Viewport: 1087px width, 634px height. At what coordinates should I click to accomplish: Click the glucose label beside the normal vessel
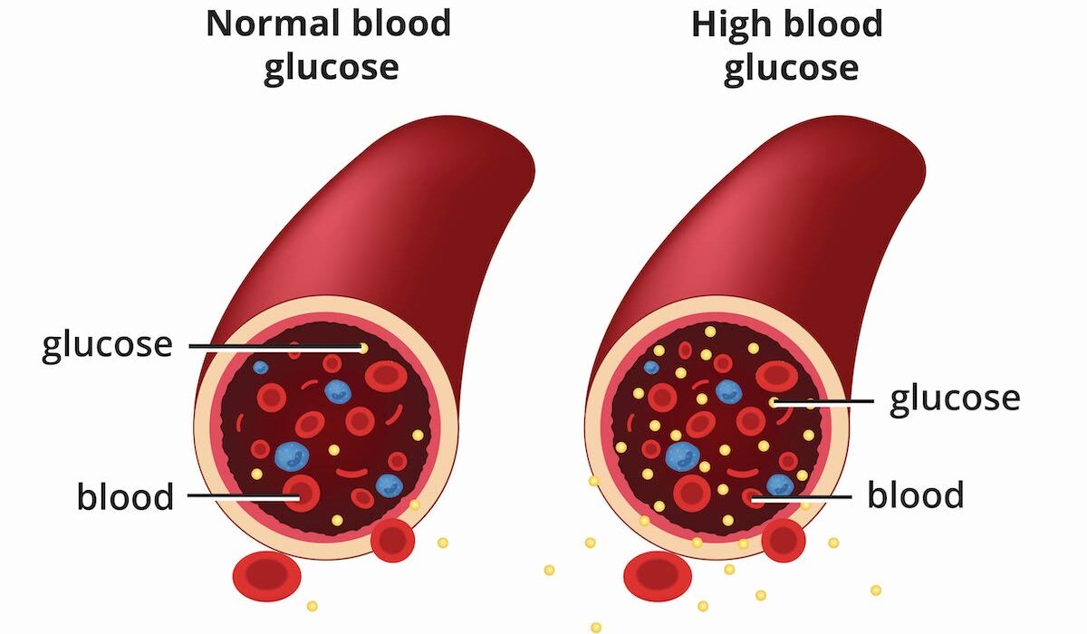coord(107,345)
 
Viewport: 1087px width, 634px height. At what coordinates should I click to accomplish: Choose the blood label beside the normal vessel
coord(125,496)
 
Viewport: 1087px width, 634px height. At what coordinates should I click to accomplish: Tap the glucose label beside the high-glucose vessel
coord(955,399)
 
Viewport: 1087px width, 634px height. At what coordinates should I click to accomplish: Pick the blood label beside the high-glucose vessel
coord(916,495)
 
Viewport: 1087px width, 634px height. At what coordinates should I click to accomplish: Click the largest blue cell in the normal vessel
coord(292,456)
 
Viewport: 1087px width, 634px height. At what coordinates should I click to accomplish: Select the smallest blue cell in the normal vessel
coord(261,368)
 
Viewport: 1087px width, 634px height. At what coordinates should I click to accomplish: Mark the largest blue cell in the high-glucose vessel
coord(682,456)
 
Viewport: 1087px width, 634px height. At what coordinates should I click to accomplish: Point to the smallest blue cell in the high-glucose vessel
coord(651,368)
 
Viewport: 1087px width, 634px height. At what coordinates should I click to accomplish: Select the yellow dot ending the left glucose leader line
coord(363,347)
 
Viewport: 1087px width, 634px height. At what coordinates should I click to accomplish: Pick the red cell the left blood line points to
coord(301,495)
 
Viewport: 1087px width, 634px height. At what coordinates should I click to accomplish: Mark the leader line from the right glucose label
coord(824,401)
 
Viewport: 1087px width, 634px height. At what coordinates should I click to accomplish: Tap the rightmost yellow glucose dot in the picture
coord(876,590)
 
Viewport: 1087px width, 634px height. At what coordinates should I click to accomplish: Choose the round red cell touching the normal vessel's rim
coord(393,541)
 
